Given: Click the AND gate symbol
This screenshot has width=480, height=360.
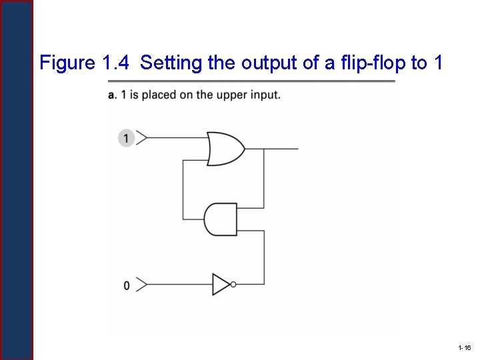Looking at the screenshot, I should (221, 219).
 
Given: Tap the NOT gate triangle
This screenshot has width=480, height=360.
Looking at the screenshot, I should (221, 285).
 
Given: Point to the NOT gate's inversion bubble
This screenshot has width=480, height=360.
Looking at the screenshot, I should (233, 285).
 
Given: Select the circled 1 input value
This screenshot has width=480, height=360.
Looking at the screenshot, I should (126, 138).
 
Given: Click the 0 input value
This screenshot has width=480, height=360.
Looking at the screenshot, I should (127, 285).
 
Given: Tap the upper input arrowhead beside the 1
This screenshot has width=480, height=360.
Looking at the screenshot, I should (141, 138).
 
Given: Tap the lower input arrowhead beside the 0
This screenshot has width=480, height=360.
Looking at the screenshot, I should (141, 285).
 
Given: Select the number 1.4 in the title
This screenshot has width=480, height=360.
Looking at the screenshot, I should (117, 63).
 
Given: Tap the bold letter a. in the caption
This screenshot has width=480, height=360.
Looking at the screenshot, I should (113, 95).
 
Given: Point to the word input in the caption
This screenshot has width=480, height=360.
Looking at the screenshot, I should (267, 95).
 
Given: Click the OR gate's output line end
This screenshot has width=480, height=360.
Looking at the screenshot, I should (297, 148).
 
